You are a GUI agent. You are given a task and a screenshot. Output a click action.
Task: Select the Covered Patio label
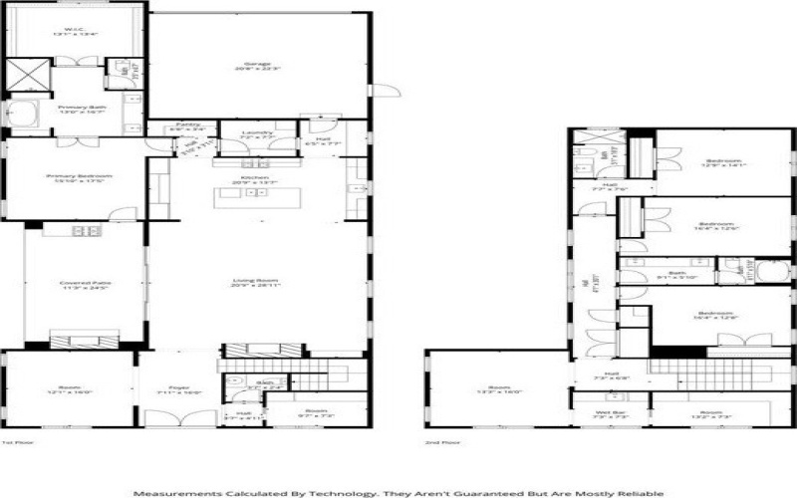[x=85, y=285]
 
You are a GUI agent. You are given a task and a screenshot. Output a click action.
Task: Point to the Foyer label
[x=180, y=390]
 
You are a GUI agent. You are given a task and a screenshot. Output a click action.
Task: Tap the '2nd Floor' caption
[x=437, y=441]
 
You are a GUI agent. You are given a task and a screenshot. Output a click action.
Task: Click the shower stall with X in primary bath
[x=28, y=77]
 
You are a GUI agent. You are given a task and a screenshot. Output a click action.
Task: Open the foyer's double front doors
[x=179, y=418]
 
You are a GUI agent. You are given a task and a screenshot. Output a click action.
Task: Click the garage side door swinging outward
[x=379, y=93]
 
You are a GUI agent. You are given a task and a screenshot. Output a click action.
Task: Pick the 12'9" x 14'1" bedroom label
[x=723, y=164]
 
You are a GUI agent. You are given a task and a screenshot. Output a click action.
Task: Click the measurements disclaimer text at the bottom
[x=398, y=492]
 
